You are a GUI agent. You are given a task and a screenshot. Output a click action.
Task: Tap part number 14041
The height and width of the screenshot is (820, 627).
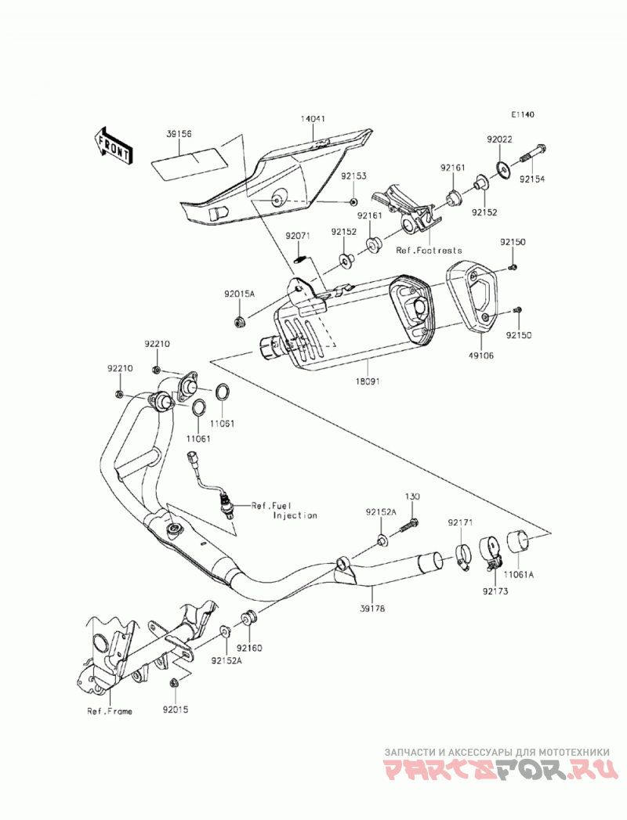click(x=313, y=119)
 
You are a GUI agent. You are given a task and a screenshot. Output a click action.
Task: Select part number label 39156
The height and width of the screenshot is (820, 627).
click(x=179, y=134)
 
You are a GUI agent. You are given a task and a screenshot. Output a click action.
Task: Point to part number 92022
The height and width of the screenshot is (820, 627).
click(x=499, y=139)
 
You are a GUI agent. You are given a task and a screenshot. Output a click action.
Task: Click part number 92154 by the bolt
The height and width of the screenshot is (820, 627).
click(x=531, y=179)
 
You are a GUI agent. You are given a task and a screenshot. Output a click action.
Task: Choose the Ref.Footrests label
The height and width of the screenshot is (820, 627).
click(x=429, y=250)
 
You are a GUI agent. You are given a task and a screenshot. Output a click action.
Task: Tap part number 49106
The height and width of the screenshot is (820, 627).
click(x=481, y=356)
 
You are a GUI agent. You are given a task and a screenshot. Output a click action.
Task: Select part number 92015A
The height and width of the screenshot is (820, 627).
click(x=240, y=294)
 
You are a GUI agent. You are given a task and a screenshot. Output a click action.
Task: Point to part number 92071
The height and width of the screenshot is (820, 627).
click(x=298, y=236)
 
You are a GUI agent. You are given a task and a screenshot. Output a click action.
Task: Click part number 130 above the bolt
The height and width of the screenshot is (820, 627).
click(x=412, y=497)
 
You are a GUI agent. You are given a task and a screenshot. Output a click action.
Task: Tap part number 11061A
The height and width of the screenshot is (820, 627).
click(x=519, y=575)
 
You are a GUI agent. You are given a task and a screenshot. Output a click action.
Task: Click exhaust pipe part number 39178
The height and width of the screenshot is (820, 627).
click(x=372, y=609)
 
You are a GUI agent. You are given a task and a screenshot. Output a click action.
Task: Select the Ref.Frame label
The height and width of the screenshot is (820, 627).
click(x=110, y=711)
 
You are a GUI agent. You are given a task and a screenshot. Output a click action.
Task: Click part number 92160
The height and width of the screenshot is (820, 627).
click(x=250, y=648)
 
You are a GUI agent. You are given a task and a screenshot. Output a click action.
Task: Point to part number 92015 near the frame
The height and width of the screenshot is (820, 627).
click(x=176, y=710)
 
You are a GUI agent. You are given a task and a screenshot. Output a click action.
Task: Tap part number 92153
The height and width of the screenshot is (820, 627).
click(x=354, y=176)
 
